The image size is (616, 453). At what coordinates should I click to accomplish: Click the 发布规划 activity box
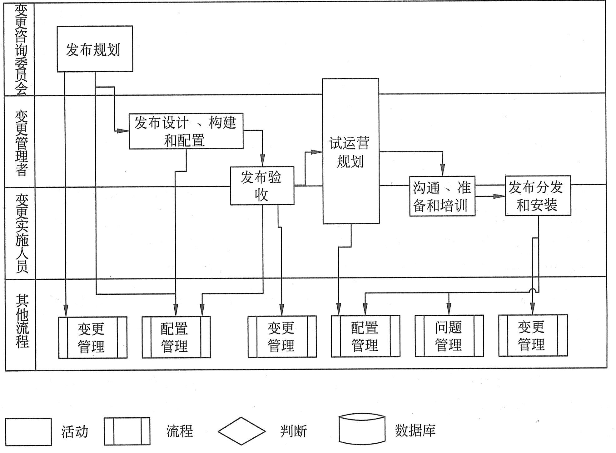(x=95, y=49)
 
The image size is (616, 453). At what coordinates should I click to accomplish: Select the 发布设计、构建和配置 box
(x=186, y=131)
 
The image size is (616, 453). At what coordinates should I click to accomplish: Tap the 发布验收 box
(x=262, y=186)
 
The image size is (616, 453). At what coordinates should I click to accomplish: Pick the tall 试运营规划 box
(x=350, y=151)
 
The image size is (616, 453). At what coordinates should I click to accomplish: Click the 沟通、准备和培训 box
(x=442, y=196)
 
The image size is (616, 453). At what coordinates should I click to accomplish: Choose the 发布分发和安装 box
(x=538, y=196)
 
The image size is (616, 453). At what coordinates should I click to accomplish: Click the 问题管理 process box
(x=449, y=336)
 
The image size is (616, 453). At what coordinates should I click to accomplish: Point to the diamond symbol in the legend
(x=241, y=431)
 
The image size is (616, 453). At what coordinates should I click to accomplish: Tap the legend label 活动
(x=75, y=432)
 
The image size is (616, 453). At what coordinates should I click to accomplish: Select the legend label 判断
(x=293, y=431)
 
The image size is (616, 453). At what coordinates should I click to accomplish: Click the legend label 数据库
(x=415, y=430)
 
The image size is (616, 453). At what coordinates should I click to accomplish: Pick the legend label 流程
(x=180, y=431)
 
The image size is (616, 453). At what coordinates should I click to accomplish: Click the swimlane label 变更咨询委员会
(x=21, y=48)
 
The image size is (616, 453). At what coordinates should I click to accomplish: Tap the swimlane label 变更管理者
(x=21, y=142)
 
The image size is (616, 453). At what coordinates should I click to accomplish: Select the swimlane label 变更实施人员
(x=21, y=233)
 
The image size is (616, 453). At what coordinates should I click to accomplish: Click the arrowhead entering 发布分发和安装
(x=500, y=196)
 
